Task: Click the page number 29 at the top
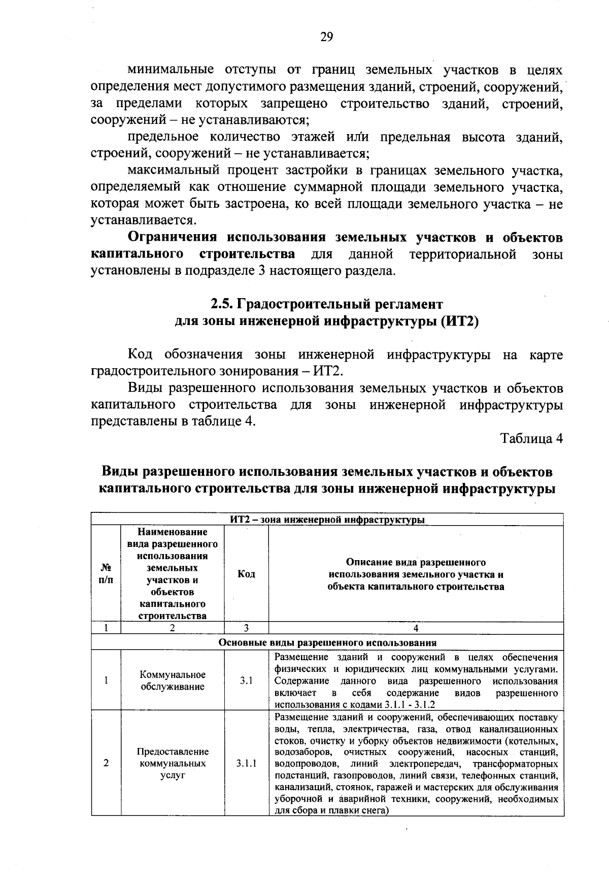326,37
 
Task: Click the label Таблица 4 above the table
531,438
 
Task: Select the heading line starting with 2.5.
326,304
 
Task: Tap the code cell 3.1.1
246,763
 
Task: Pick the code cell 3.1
246,680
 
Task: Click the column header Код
246,574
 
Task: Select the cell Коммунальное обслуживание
173,680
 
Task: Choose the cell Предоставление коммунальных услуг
173,763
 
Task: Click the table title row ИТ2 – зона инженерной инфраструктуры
327,520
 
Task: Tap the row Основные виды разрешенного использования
327,642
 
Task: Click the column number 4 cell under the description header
416,628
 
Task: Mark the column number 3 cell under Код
246,628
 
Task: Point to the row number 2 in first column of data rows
106,763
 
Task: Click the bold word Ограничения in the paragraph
172,237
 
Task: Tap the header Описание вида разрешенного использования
416,574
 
